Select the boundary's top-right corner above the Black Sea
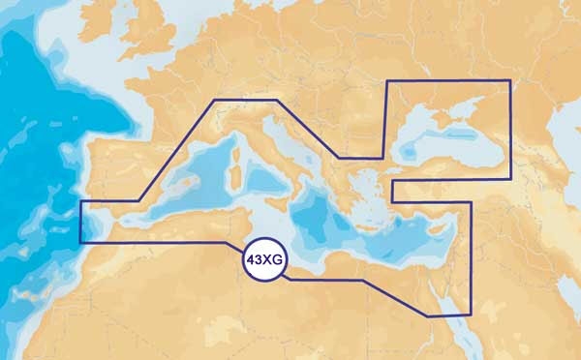pyautogui.click(x=509, y=81)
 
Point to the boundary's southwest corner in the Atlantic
pyautogui.click(x=81, y=242)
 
